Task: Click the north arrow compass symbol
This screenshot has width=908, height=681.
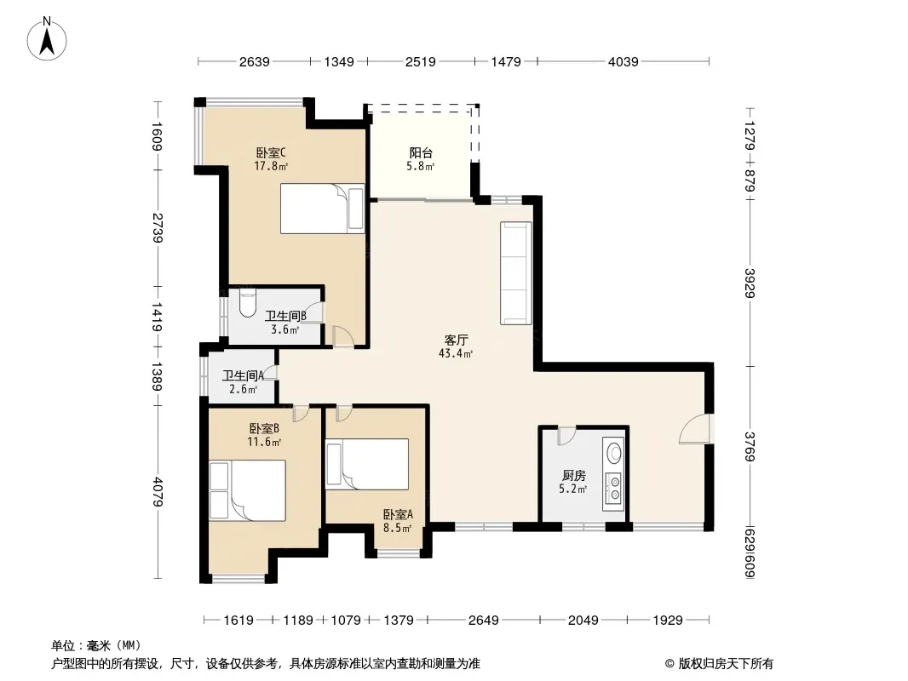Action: pos(47,38)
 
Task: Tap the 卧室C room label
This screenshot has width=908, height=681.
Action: pos(271,152)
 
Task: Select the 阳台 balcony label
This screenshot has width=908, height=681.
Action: pos(421,152)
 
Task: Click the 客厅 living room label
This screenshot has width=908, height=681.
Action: pos(457,340)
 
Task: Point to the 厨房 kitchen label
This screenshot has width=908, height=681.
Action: pos(573,476)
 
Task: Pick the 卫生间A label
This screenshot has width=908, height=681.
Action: pos(244,375)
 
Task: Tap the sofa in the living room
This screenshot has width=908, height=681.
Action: pos(516,272)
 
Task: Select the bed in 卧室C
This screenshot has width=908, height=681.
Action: pos(323,209)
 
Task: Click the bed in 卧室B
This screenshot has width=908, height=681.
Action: pos(248,490)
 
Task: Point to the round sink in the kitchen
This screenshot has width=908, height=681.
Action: pos(614,452)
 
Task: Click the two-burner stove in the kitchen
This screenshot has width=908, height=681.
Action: pos(614,487)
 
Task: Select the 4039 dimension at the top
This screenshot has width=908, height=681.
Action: pos(624,61)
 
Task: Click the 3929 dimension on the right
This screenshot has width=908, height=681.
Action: pos(750,283)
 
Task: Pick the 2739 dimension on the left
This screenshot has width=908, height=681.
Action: pos(157,228)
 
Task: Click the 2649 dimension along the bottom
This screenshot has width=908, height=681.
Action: pos(484,621)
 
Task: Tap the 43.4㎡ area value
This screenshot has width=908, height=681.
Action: pos(456,353)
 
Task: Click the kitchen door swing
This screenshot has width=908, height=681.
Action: pos(566,436)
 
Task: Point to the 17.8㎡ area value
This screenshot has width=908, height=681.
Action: pos(271,167)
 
